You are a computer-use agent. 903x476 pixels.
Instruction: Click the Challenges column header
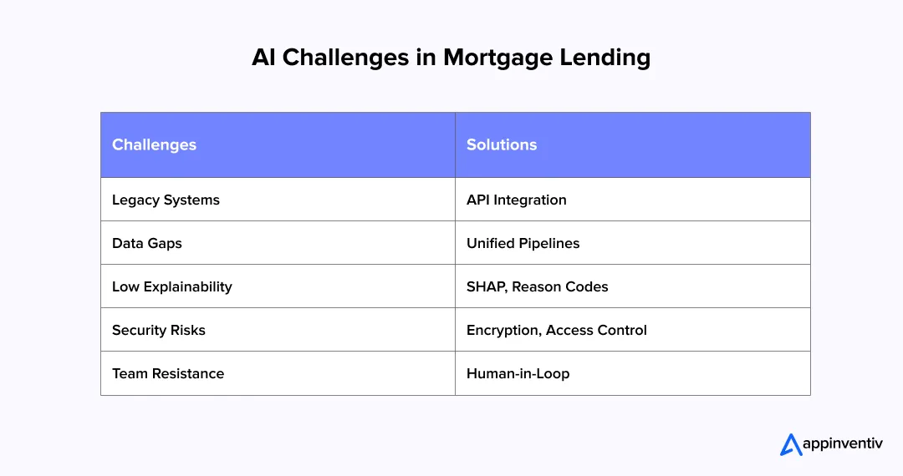point(154,144)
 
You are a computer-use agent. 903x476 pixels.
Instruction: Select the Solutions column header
point(502,144)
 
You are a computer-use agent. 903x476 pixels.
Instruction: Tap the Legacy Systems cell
point(166,200)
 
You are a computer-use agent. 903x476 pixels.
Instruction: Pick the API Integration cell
point(516,200)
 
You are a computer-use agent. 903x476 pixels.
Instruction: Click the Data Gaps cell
point(146,243)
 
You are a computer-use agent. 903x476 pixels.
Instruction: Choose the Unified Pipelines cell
point(523,243)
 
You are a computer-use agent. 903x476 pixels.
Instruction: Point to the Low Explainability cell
point(171,286)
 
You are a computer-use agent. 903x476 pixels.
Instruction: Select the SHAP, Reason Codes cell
point(537,286)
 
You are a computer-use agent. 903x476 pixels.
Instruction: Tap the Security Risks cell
point(158,330)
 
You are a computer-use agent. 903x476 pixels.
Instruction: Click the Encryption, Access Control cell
point(556,330)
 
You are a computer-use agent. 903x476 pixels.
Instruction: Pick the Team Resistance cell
point(167,373)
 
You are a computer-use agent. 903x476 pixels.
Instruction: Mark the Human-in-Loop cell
point(518,373)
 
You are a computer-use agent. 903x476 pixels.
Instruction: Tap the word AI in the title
point(263,58)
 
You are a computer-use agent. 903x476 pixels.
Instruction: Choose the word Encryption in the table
point(503,330)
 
